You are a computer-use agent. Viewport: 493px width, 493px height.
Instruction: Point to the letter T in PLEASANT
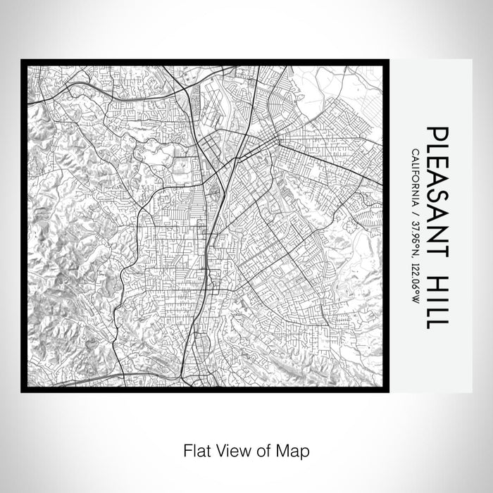pos(437,242)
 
